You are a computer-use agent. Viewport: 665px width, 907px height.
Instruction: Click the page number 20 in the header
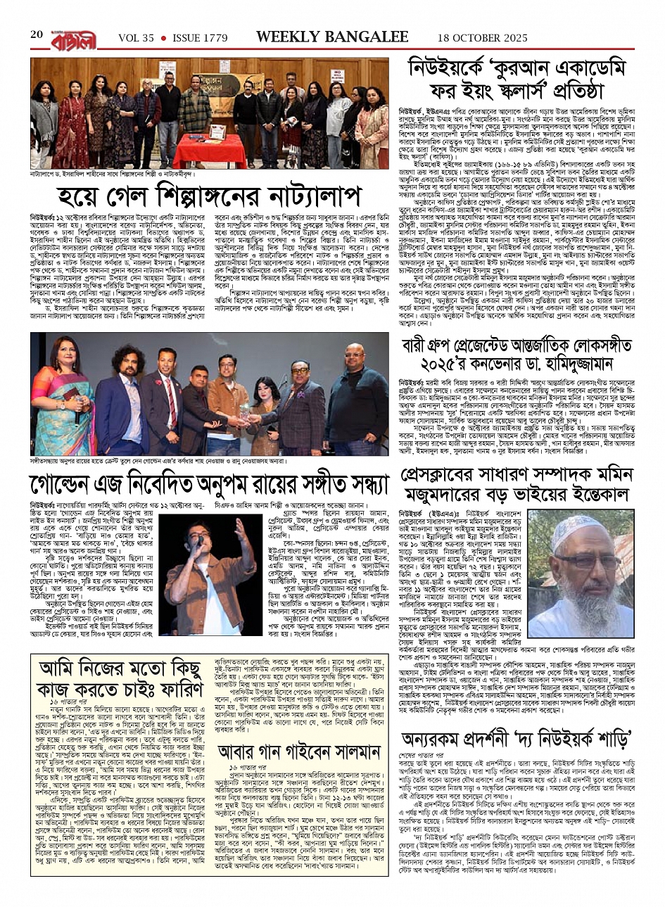[x=37, y=34]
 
